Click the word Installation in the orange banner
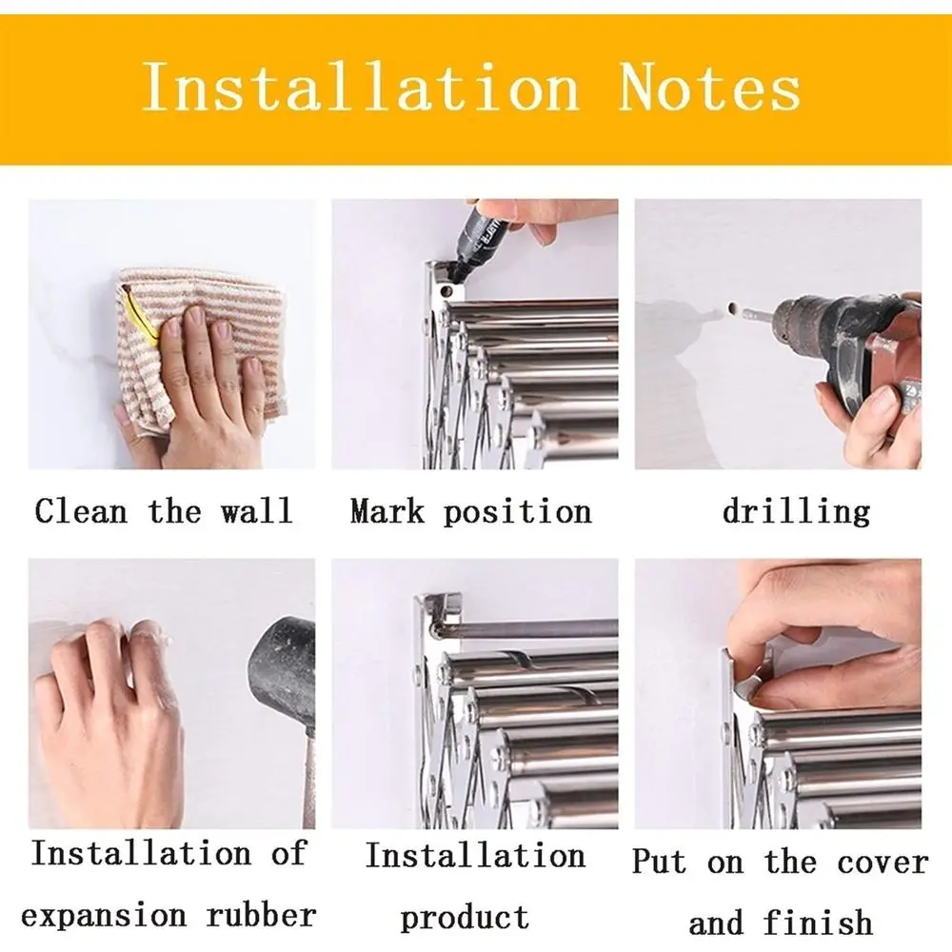pyautogui.click(x=361, y=88)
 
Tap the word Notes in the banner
pyautogui.click(x=710, y=88)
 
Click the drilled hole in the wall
pyautogui.click(x=731, y=307)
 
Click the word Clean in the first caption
pyautogui.click(x=81, y=510)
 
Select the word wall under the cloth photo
pyautogui.click(x=256, y=510)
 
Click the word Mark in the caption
pyautogui.click(x=387, y=510)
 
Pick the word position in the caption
pyautogui.click(x=517, y=512)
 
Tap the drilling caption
pyautogui.click(x=796, y=512)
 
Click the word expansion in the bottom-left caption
pyautogui.click(x=103, y=916)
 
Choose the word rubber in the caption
pyautogui.click(x=261, y=915)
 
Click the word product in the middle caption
pyautogui.click(x=465, y=918)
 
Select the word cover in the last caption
pyautogui.click(x=883, y=863)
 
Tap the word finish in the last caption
pyautogui.click(x=818, y=922)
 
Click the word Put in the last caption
pyautogui.click(x=660, y=862)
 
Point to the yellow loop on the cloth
pyautogui.click(x=137, y=316)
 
